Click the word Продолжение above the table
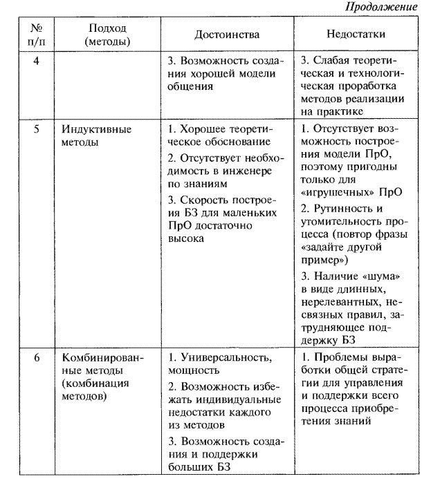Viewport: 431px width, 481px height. [x=389, y=7]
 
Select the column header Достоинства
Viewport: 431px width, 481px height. [x=226, y=35]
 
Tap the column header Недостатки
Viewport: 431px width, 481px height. [x=356, y=34]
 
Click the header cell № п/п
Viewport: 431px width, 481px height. [x=35, y=35]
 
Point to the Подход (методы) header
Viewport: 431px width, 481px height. [x=107, y=35]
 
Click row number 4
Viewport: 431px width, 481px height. [x=36, y=60]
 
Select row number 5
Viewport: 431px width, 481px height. [x=36, y=129]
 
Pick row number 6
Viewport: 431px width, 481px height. [x=36, y=357]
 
